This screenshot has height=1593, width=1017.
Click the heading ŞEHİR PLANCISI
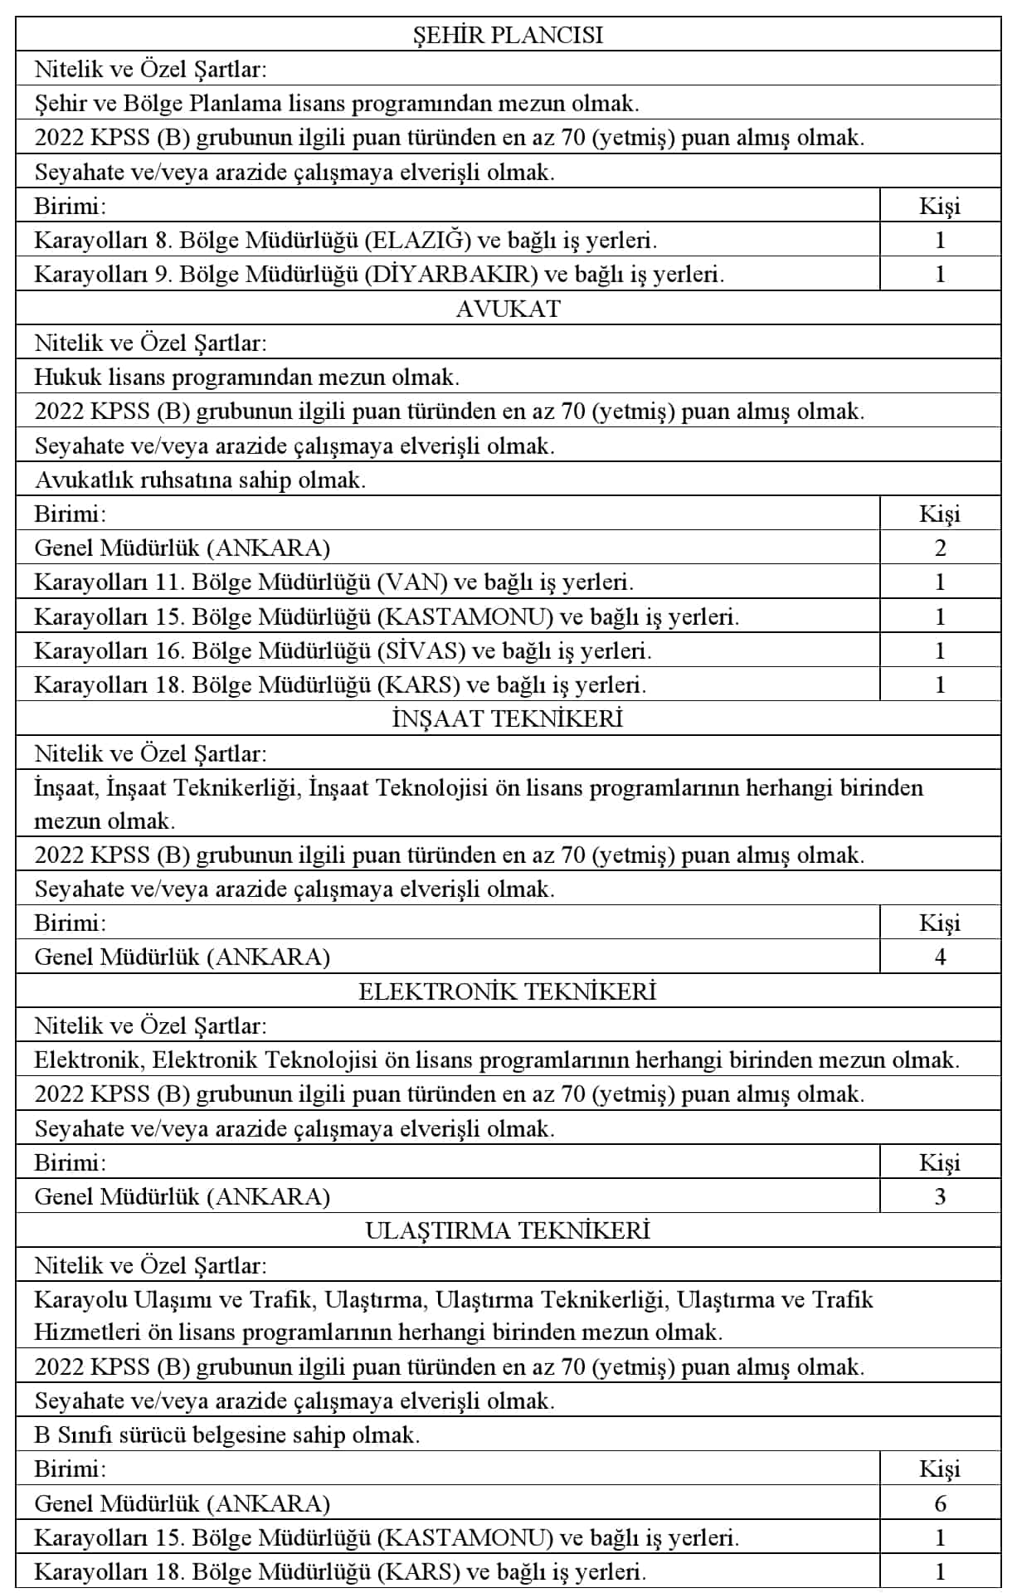point(508,35)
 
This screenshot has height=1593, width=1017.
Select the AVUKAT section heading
point(508,309)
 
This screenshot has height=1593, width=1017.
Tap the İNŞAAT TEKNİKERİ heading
point(508,719)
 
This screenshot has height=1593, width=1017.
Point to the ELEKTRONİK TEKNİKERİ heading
point(508,991)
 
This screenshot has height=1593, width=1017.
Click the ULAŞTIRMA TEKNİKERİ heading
point(508,1230)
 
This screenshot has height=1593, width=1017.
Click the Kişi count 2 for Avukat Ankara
point(940,548)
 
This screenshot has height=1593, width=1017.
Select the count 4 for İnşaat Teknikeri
point(940,957)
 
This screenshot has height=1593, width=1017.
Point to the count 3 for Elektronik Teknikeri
point(940,1196)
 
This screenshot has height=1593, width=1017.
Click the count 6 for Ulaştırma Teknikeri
point(940,1503)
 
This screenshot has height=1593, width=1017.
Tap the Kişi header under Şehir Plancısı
point(940,207)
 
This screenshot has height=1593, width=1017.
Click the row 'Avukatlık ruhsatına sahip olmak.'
point(200,480)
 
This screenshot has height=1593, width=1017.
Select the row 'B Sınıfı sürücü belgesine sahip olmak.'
point(227,1435)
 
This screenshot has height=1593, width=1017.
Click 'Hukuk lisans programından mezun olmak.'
point(246,378)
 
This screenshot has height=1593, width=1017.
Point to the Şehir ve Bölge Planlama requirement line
point(337,104)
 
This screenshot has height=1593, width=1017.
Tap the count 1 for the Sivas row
point(940,650)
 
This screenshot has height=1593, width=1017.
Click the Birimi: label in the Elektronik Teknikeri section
point(71,1162)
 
